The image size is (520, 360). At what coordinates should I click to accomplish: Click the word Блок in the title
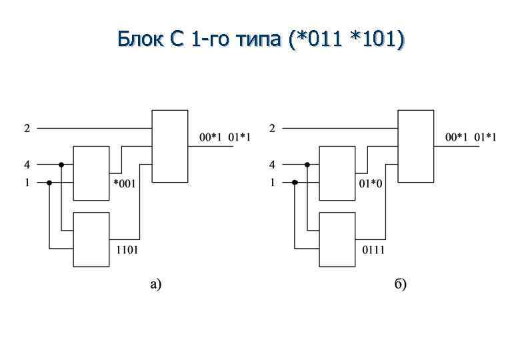point(138,40)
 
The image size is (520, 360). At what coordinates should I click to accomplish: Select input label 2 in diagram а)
point(27,128)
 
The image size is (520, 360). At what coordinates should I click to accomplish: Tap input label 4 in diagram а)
point(27,163)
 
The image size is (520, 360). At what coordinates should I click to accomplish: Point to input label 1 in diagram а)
point(27,182)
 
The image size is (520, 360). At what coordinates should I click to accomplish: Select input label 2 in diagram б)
point(272,128)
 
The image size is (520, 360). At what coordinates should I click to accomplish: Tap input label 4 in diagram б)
point(272,163)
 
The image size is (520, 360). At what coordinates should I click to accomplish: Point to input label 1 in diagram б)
point(272,182)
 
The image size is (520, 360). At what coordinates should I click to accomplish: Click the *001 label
point(125,185)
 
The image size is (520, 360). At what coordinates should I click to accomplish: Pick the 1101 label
point(127,250)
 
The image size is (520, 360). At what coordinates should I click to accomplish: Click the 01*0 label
point(371,185)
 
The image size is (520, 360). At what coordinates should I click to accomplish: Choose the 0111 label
point(373,250)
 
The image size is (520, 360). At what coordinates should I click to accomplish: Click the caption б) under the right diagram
point(401,285)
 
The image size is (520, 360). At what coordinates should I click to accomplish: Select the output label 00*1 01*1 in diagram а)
point(225,138)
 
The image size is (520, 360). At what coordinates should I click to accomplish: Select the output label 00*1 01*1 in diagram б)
point(471,138)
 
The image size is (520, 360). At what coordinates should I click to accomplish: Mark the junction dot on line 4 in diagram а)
point(61,164)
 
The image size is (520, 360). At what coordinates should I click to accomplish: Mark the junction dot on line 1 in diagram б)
point(294,182)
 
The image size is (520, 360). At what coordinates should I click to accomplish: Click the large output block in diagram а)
point(171,145)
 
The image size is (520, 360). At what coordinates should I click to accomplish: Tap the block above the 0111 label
point(337,239)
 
